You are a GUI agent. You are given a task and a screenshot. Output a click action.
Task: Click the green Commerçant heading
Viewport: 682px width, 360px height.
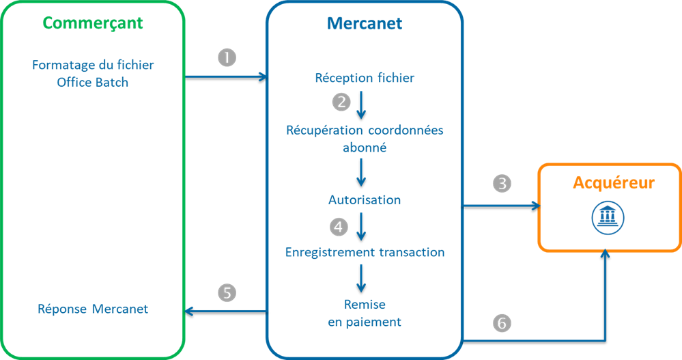point(93,23)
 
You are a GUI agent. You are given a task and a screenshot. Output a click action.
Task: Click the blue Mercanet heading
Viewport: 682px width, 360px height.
point(365,23)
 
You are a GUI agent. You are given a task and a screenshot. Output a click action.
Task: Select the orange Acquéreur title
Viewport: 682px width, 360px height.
point(613,183)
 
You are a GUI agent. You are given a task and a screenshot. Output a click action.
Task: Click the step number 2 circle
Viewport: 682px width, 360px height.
point(341,102)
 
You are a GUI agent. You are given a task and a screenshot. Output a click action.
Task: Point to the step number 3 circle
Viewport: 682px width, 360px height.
point(502,184)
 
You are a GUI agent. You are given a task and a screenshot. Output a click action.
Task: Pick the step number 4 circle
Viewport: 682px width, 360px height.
point(339,225)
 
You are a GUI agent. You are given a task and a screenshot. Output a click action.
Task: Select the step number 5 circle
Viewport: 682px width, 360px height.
point(227,292)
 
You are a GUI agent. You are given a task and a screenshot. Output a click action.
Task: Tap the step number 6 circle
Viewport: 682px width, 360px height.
point(502,323)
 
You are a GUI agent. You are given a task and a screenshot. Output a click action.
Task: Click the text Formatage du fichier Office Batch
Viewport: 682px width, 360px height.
point(93,74)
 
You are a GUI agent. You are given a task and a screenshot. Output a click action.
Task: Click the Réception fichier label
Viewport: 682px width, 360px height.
point(365,78)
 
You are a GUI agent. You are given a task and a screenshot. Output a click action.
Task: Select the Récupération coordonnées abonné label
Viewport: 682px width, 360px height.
point(365,138)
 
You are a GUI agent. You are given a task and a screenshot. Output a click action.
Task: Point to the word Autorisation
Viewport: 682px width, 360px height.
point(365,200)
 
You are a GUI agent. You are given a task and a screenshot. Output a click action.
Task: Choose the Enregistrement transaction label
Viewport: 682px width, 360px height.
point(365,252)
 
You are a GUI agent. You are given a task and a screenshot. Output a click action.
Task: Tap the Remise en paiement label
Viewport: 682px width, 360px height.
point(365,313)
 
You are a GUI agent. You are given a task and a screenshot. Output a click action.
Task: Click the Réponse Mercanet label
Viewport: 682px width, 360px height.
point(93,309)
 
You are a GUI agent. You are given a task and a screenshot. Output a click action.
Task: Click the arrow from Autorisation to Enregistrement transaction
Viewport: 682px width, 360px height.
point(361,226)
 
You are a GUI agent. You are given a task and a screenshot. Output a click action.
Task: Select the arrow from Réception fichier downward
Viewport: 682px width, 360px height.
point(361,103)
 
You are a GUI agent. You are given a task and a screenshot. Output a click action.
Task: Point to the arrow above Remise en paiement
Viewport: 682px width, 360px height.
point(361,278)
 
